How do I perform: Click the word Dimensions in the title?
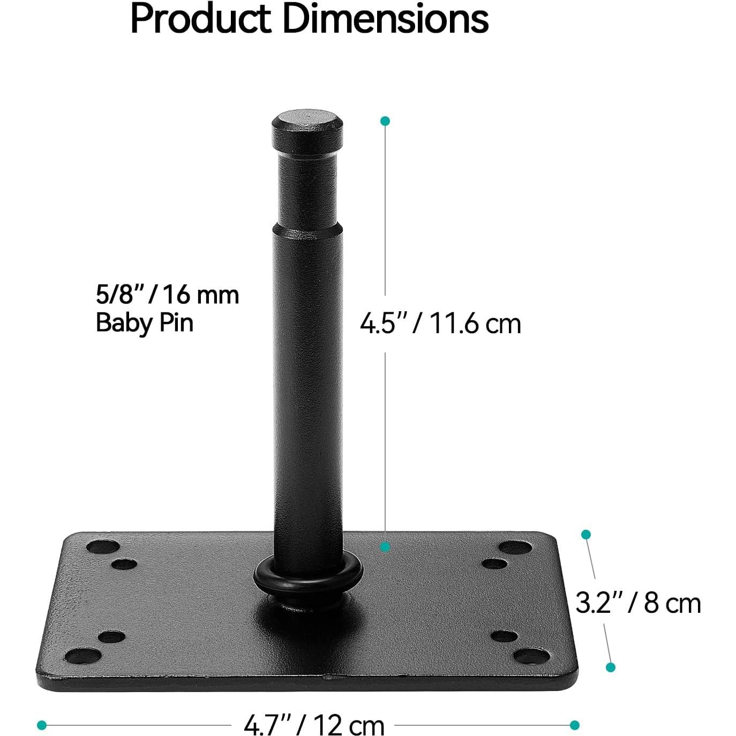click(x=385, y=19)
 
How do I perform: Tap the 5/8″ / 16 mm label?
click(x=167, y=295)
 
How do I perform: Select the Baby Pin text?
click(x=144, y=323)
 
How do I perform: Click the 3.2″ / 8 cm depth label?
click(x=638, y=603)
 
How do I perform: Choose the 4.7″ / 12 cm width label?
click(x=314, y=726)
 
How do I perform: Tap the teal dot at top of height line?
click(x=385, y=121)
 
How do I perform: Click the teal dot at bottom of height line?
click(x=385, y=547)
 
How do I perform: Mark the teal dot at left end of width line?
click(x=42, y=725)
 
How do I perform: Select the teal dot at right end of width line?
click(x=575, y=725)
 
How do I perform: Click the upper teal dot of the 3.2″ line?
click(x=586, y=535)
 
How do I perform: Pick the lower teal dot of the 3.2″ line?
click(x=610, y=667)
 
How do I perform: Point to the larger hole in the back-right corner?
click(x=515, y=547)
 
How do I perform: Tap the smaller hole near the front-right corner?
click(x=504, y=636)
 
